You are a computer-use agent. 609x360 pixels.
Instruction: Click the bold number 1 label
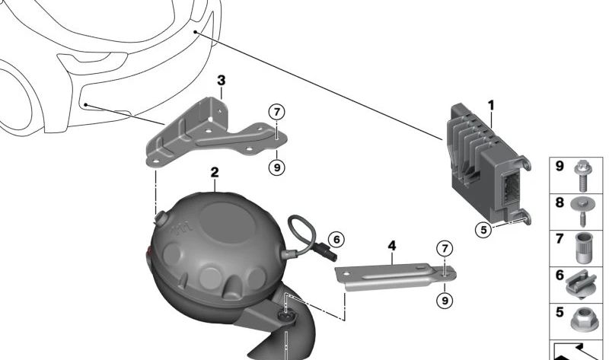pyautogui.click(x=491, y=105)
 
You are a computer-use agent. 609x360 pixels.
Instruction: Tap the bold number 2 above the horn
pyautogui.click(x=215, y=173)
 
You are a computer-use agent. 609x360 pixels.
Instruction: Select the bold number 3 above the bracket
pyautogui.click(x=221, y=81)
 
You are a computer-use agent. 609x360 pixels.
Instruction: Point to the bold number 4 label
pyautogui.click(x=392, y=245)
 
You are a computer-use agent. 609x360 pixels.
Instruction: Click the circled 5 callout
pyautogui.click(x=483, y=230)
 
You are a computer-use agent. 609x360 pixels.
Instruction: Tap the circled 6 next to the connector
pyautogui.click(x=336, y=239)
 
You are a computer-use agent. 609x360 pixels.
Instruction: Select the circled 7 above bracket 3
pyautogui.click(x=276, y=112)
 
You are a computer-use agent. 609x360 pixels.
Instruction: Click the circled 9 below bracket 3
pyautogui.click(x=276, y=167)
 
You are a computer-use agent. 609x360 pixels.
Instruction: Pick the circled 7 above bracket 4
pyautogui.click(x=445, y=248)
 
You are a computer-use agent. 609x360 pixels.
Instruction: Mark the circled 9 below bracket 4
pyautogui.click(x=445, y=300)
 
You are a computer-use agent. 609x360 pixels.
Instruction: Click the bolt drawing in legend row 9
pyautogui.click(x=582, y=176)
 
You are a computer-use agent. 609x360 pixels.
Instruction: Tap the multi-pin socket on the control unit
pyautogui.click(x=510, y=190)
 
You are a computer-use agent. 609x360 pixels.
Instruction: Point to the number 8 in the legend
pyautogui.click(x=560, y=202)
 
